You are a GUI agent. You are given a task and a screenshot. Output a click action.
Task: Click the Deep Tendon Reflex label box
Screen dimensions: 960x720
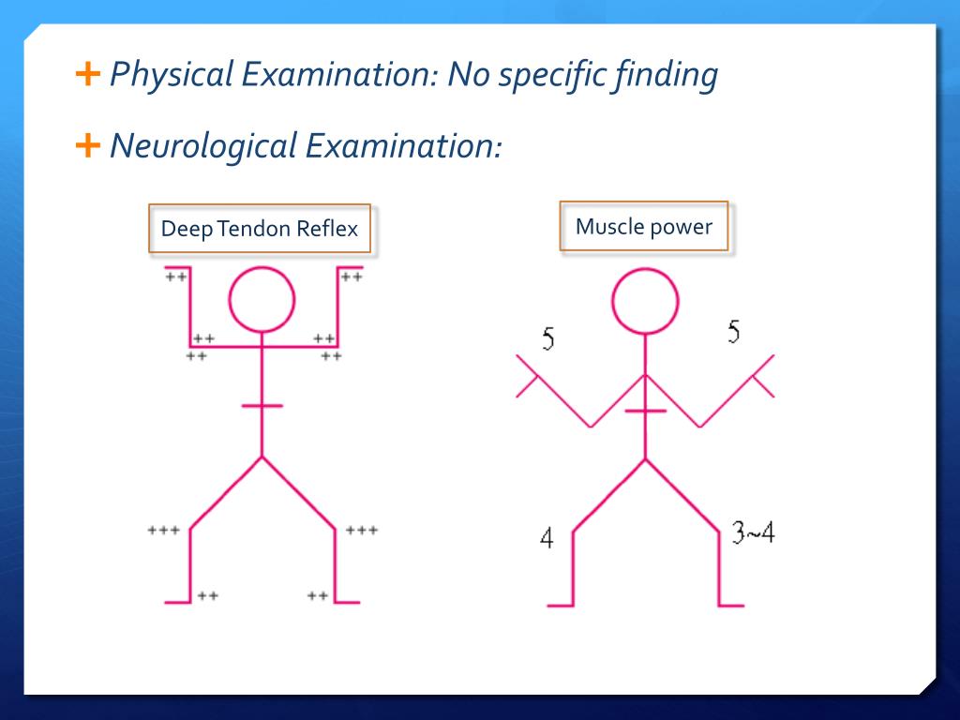260,229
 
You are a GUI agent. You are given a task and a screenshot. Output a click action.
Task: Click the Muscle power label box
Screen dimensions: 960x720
643,226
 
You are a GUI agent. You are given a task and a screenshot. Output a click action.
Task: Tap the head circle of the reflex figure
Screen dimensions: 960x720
262,300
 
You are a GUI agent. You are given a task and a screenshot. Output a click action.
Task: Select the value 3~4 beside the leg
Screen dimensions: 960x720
753,533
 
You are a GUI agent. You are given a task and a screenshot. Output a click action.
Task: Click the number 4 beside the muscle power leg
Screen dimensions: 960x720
547,538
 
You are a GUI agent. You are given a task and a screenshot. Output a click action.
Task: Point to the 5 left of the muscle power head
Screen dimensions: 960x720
547,339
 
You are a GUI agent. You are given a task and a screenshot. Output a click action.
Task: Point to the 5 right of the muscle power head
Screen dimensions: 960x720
734,332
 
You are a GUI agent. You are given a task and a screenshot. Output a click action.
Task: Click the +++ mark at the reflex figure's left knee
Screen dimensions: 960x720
163,531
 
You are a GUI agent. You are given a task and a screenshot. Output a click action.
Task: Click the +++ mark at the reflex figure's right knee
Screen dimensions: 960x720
362,531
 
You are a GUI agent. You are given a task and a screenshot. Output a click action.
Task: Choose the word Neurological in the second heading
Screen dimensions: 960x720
202,145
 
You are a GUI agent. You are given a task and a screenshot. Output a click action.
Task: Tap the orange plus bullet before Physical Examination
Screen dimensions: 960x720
85,73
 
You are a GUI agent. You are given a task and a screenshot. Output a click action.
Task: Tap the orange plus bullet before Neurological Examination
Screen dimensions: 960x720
85,144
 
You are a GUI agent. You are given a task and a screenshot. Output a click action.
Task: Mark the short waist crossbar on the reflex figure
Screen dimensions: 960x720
262,406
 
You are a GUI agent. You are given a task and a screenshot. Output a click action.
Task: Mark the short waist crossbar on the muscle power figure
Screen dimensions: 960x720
645,411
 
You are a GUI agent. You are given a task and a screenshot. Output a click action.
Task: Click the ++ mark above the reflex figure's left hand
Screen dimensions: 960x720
175,277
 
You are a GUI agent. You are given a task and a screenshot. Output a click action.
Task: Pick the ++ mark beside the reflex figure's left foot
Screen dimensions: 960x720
208,595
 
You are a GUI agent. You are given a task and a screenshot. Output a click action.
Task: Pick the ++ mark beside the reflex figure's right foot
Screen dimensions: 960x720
318,595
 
